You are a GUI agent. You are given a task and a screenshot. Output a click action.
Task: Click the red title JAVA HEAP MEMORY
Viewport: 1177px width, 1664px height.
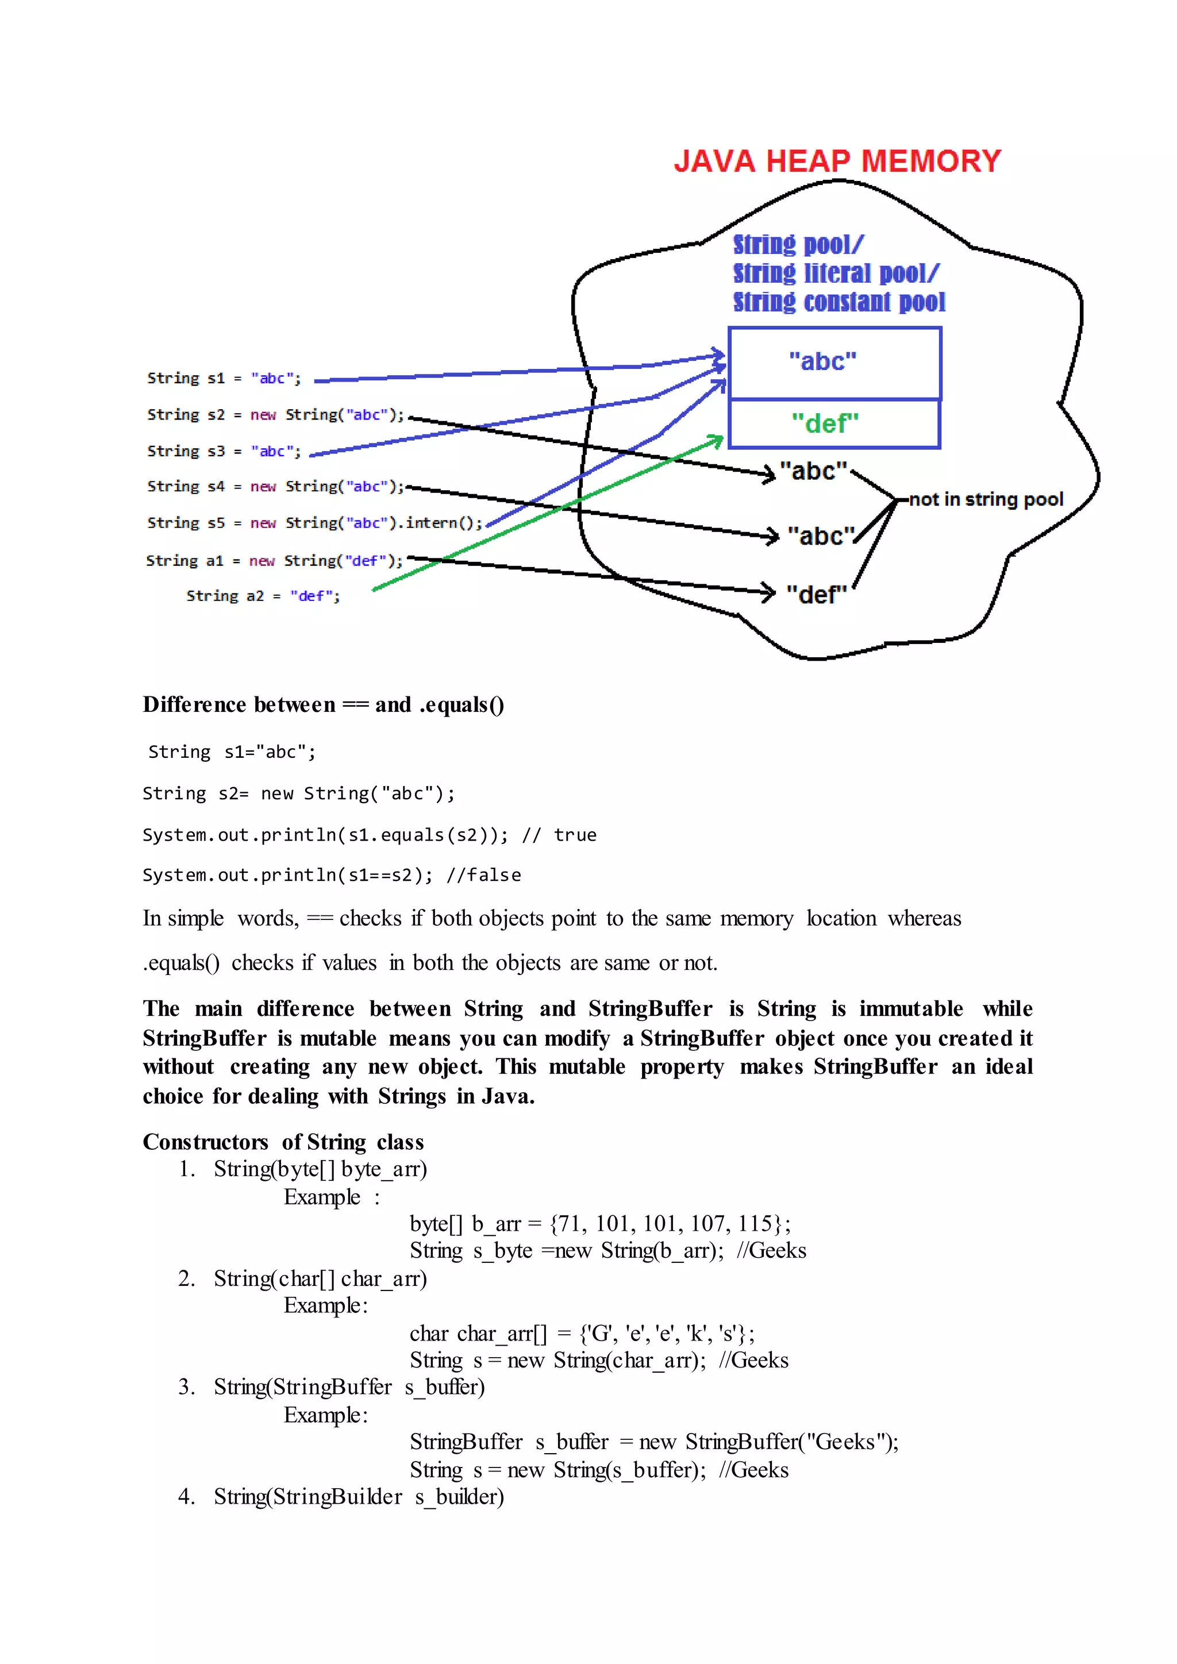[837, 161]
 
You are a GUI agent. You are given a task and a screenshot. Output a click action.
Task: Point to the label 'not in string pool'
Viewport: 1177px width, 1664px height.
[986, 499]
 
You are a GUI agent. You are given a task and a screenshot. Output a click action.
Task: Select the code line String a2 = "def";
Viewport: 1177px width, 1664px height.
[263, 596]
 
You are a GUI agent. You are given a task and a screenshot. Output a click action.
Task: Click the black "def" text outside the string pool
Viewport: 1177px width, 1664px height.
[816, 594]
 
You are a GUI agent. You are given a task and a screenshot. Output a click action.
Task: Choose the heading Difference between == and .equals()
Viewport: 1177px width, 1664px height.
[323, 704]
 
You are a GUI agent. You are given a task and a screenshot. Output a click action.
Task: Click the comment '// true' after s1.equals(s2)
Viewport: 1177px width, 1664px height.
[560, 835]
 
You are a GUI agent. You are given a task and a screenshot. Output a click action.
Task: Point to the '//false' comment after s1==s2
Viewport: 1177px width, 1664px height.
[483, 876]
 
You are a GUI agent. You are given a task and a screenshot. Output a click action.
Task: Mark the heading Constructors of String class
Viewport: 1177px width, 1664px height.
[283, 1142]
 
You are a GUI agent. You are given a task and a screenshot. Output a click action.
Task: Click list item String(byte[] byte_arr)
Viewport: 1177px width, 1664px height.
[320, 1169]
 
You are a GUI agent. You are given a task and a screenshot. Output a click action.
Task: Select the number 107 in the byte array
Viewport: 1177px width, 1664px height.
[707, 1223]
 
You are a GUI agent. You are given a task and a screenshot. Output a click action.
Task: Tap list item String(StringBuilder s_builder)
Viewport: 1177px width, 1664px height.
[358, 1497]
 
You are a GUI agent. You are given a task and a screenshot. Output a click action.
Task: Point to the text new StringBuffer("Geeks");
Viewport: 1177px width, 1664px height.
[769, 1442]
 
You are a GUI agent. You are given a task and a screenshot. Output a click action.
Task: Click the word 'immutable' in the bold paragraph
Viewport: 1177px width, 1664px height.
[911, 1009]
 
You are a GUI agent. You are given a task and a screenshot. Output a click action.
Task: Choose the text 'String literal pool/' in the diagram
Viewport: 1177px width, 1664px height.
[836, 274]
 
